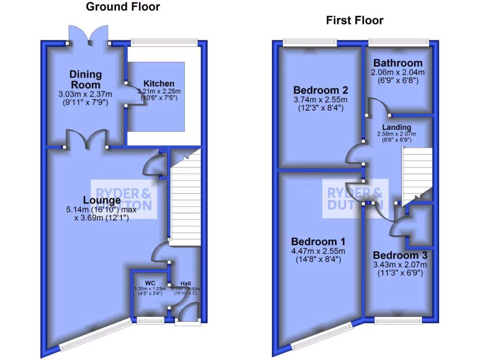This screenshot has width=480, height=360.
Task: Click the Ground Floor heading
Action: click(123, 7)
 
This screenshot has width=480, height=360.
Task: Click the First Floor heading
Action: click(354, 20)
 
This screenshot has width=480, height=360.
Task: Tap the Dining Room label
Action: click(85, 79)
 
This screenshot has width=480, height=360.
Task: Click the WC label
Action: click(150, 283)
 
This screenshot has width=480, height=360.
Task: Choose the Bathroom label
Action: click(398, 63)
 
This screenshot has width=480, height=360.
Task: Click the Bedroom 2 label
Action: click(320, 90)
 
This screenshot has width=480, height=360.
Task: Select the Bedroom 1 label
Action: click(318, 242)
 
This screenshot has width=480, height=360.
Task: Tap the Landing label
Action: click(397, 127)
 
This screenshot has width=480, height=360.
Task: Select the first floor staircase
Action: click(416, 173)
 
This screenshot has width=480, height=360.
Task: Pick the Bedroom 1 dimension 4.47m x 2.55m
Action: click(318, 251)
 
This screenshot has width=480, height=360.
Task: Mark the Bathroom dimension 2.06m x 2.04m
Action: click(398, 73)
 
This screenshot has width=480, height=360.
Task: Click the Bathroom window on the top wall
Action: click(398, 43)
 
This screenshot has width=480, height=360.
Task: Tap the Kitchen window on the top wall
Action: click(164, 43)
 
